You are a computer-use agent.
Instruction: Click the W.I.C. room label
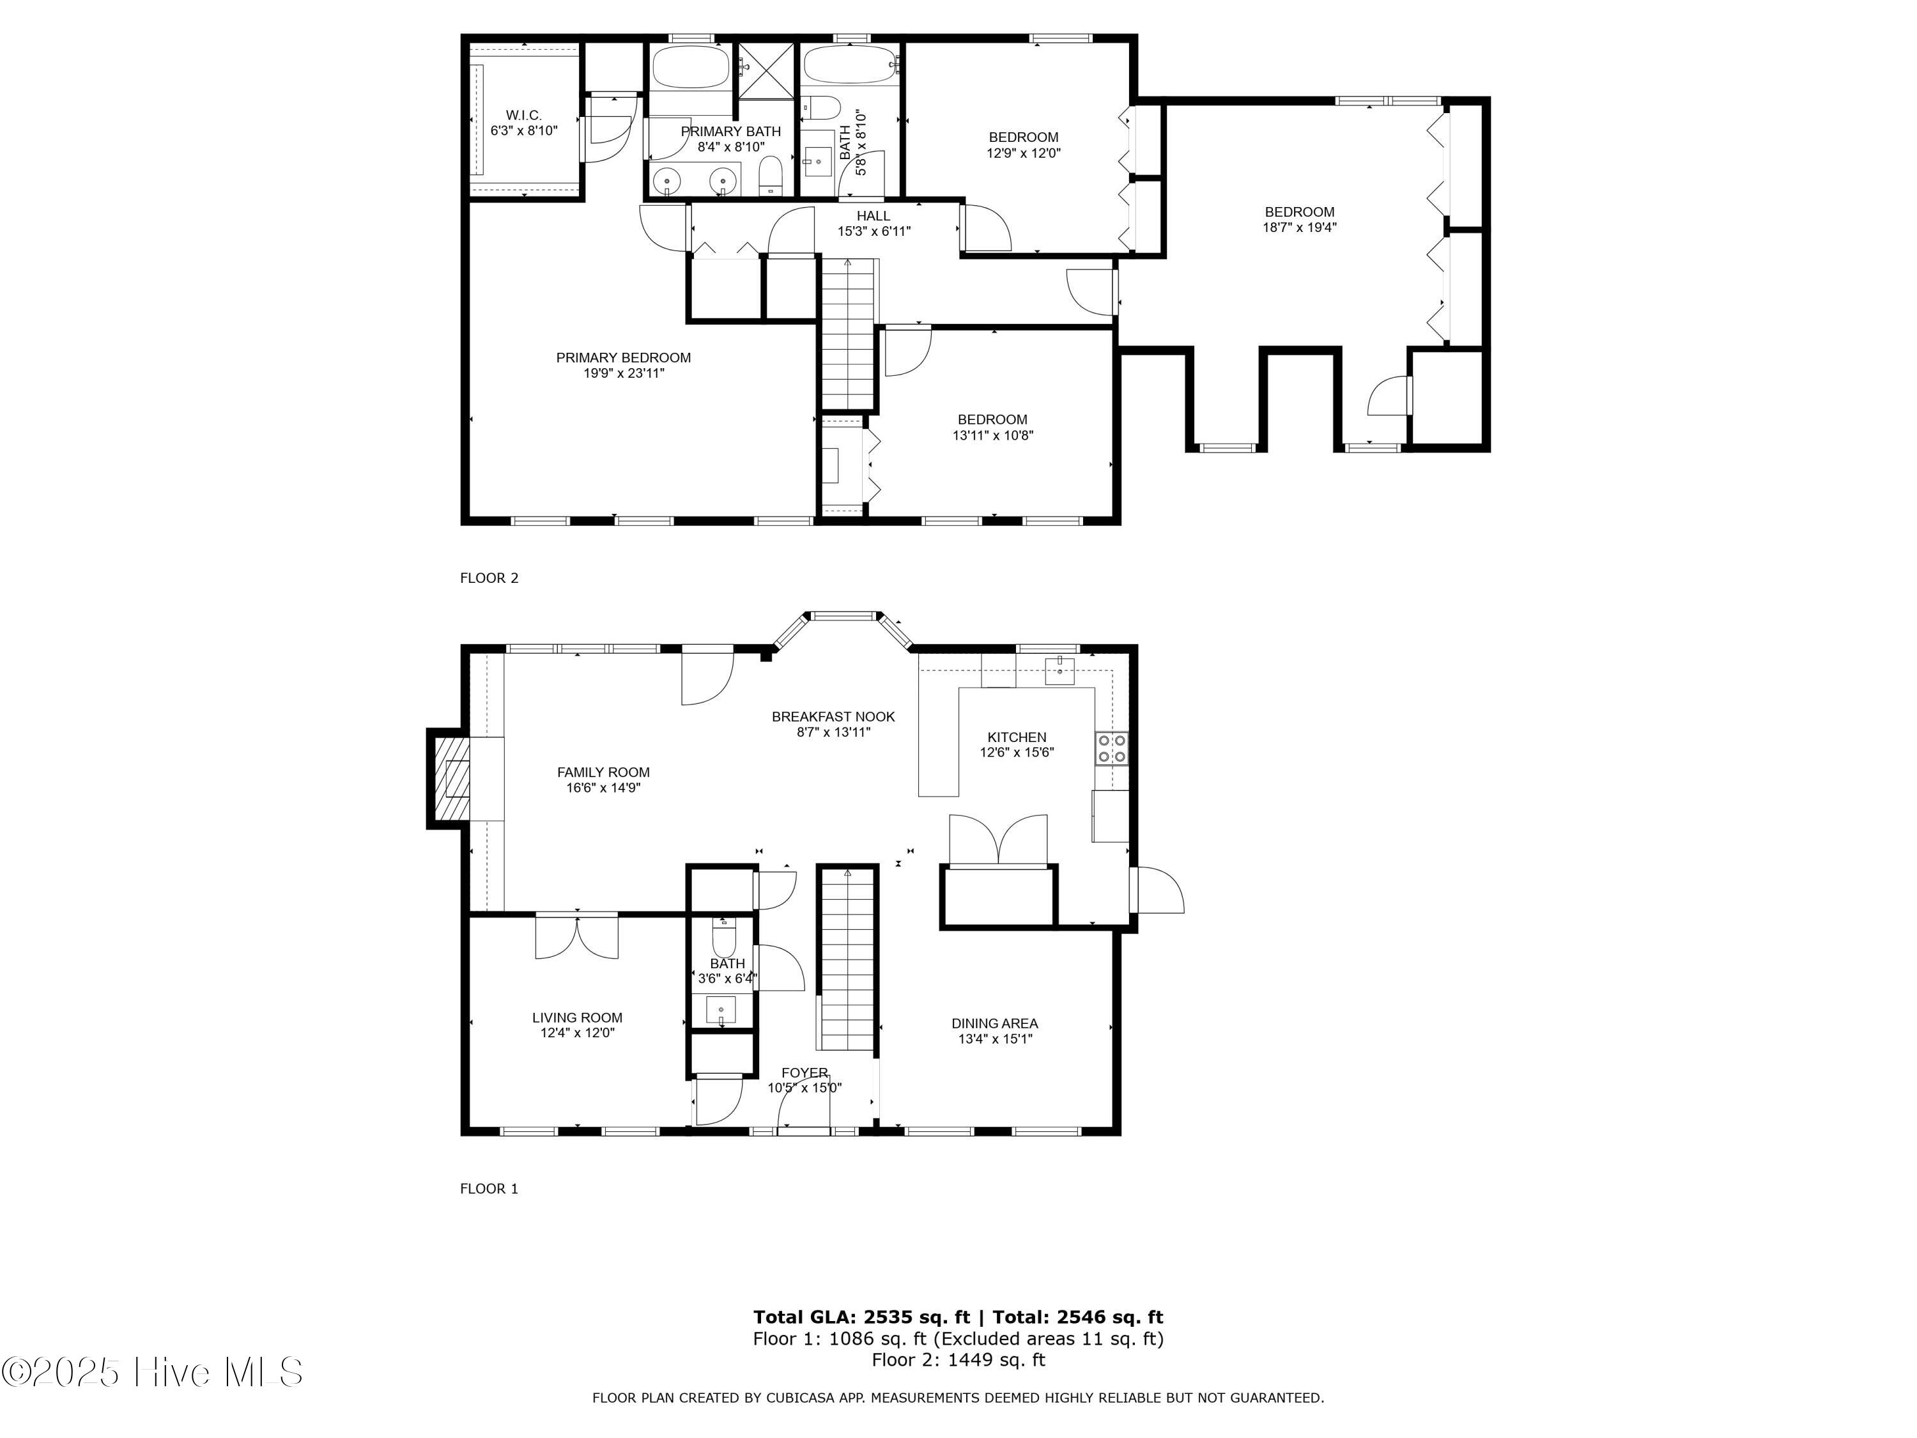[523, 115]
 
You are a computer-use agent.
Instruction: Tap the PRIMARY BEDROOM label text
[623, 357]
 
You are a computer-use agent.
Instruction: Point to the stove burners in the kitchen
[1112, 748]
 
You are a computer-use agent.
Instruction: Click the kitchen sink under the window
[1059, 670]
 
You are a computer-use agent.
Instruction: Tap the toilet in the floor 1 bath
[723, 938]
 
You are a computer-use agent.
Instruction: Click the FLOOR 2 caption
[489, 578]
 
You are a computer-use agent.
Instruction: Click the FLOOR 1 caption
[489, 1188]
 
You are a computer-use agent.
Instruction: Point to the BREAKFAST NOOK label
[833, 717]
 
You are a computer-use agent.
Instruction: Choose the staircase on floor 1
[847, 958]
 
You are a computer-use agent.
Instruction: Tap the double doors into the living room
[576, 936]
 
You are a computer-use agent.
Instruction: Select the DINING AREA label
[994, 1024]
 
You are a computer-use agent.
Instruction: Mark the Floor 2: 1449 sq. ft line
[958, 1359]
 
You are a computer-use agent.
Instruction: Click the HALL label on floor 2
[873, 216]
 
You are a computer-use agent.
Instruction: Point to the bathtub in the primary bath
[690, 66]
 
